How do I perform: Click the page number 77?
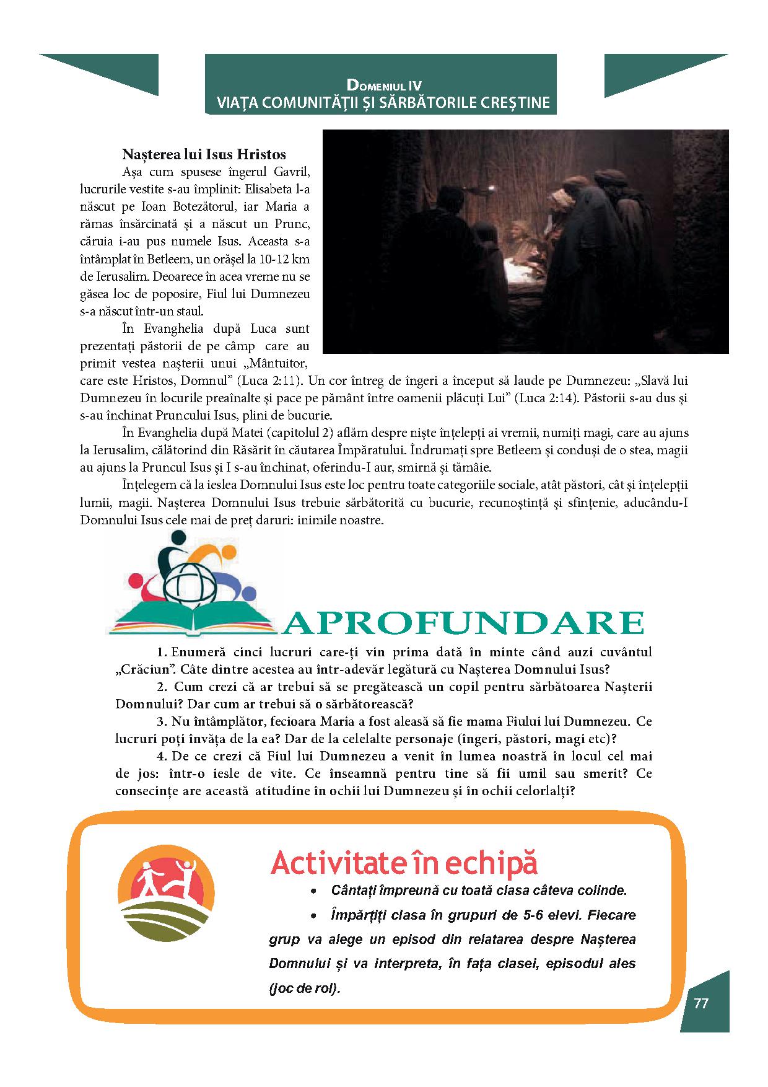(x=701, y=1003)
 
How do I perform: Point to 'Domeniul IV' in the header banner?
(x=384, y=85)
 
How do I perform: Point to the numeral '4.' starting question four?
(x=162, y=756)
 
